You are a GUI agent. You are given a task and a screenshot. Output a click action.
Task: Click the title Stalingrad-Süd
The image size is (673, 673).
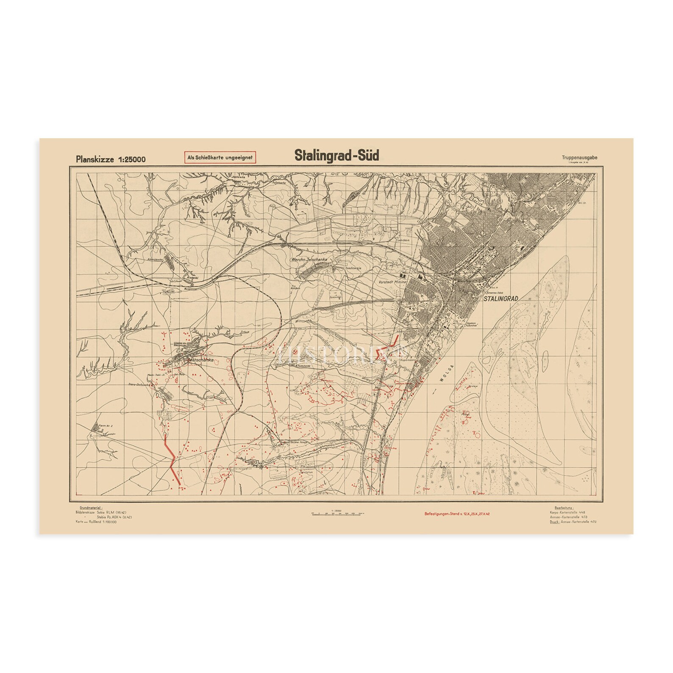[337, 156]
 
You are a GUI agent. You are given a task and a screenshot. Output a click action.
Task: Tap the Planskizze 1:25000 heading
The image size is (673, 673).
[111, 159]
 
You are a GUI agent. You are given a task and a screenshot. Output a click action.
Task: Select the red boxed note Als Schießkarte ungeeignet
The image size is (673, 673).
[220, 157]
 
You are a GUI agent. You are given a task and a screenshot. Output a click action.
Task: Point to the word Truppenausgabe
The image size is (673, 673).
[580, 158]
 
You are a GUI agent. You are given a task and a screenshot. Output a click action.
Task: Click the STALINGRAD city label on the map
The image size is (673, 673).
[501, 298]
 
